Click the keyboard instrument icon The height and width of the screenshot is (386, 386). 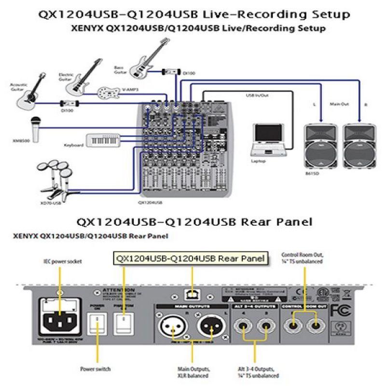(x=103, y=139)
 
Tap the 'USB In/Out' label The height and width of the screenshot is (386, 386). (x=257, y=96)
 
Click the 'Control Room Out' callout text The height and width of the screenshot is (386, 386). (x=302, y=258)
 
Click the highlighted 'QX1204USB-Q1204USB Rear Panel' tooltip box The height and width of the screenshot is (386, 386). (x=190, y=258)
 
